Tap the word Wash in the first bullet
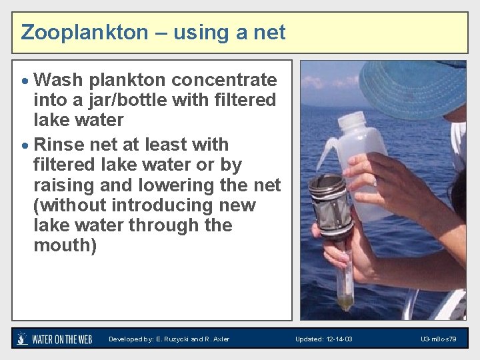tap(58, 80)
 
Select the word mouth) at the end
tap(65, 245)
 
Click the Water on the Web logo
tap(55, 339)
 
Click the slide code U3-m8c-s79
tap(439, 339)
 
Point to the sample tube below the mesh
tap(344, 280)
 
